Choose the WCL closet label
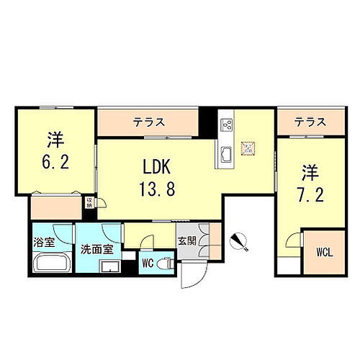(x=323, y=253)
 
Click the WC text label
(x=147, y=261)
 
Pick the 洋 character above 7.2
(x=310, y=172)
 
